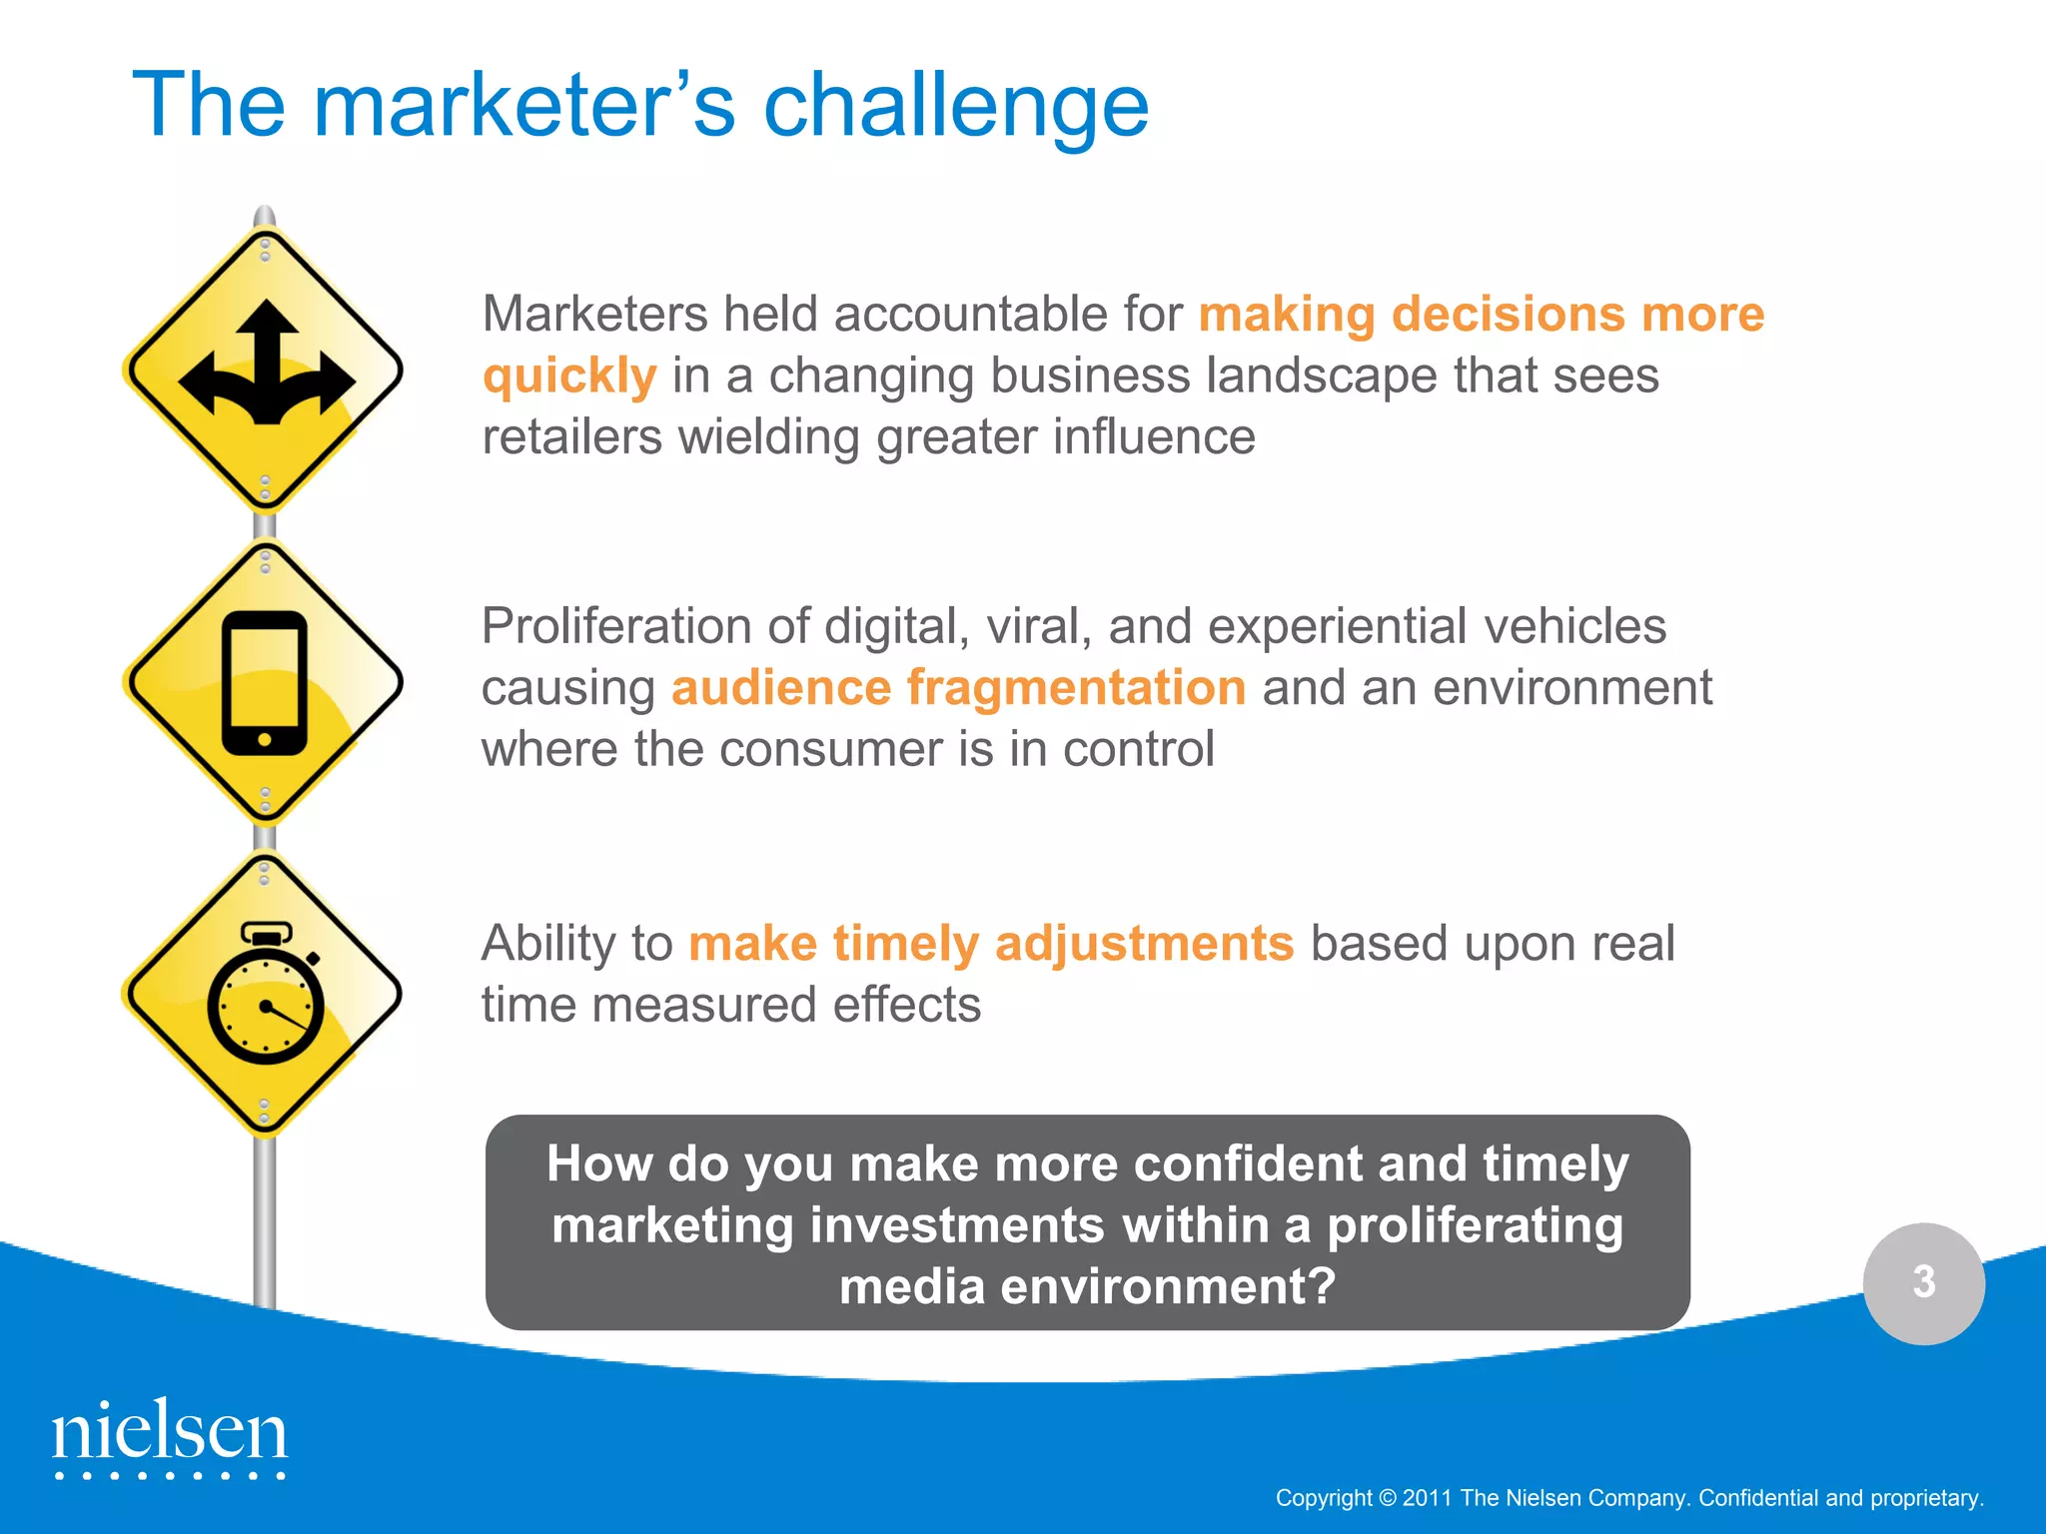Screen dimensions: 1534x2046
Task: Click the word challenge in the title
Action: coord(956,107)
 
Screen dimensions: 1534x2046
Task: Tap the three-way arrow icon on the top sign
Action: coord(266,365)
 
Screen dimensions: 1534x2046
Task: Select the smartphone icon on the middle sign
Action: coord(265,683)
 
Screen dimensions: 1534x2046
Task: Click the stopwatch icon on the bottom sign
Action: coord(266,994)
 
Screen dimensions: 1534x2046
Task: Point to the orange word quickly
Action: coord(569,378)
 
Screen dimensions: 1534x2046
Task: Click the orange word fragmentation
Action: coord(1076,688)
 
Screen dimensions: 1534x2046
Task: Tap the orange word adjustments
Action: coord(1145,943)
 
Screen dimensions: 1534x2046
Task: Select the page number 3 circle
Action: coord(1923,1282)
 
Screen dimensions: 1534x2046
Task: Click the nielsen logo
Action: coord(170,1435)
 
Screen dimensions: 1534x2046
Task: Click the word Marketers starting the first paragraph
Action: coord(595,315)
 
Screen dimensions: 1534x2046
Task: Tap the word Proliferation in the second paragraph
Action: coord(616,627)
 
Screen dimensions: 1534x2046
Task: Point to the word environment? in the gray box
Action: coord(1168,1286)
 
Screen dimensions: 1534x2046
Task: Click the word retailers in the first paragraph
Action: coord(571,437)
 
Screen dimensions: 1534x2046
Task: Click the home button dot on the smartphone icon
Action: coord(265,740)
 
